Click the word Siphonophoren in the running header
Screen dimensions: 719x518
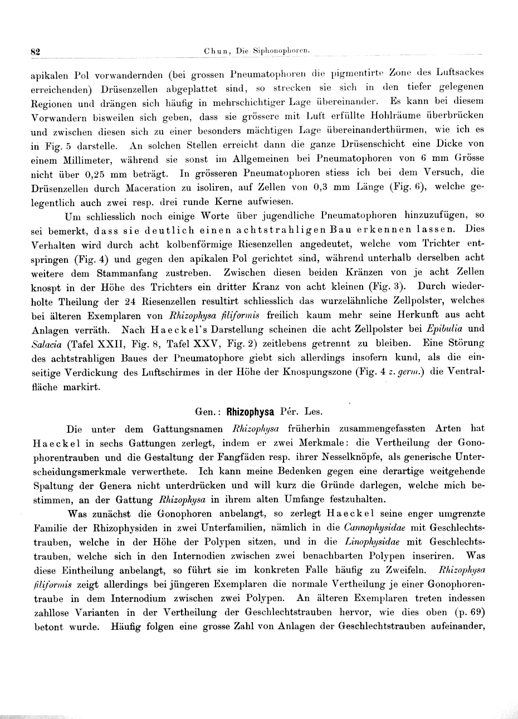pyautogui.click(x=281, y=51)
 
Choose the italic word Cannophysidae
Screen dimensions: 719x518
pyautogui.click(x=378, y=526)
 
